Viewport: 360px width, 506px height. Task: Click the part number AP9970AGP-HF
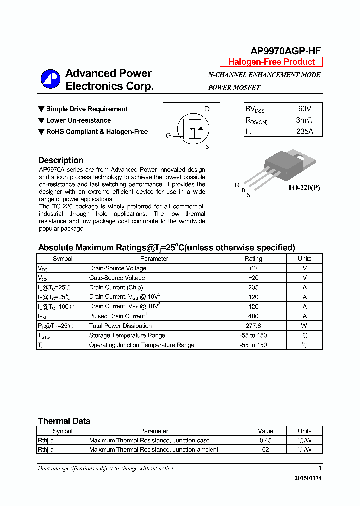pos(285,50)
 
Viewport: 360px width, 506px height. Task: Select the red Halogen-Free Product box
pos(271,62)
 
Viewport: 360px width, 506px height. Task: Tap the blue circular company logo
pos(50,79)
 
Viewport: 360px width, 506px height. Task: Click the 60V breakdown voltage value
pos(304,109)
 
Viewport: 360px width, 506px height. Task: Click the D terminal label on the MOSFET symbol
pos(207,109)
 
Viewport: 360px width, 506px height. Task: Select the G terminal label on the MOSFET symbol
pos(168,136)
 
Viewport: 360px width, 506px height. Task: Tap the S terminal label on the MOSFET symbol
pos(207,146)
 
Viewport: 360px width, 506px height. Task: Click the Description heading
pos(61,160)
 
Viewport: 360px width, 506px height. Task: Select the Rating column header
pos(253,259)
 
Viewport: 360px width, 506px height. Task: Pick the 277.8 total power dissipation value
pos(253,326)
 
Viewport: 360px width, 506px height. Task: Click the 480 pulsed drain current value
pos(253,316)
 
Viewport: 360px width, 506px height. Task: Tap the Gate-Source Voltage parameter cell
pos(117,278)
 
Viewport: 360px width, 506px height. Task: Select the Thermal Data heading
pos(64,421)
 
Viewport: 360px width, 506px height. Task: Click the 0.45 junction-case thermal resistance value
pos(265,440)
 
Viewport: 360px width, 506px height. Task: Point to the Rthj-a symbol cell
pos(46,450)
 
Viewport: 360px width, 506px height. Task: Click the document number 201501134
pos(308,478)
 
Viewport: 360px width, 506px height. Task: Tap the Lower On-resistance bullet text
pos(78,120)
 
